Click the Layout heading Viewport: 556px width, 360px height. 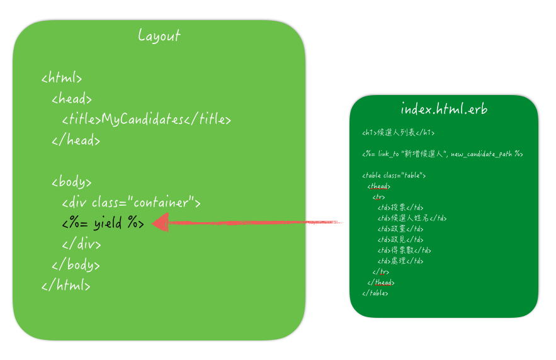[x=159, y=36]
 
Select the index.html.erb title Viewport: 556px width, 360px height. [x=444, y=109]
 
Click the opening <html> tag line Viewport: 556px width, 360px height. [x=62, y=79]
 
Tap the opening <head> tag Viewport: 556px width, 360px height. [x=72, y=99]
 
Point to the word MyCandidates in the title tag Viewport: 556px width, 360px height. [x=142, y=120]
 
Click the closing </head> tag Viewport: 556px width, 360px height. [x=76, y=140]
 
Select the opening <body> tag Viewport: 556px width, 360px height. [x=72, y=183]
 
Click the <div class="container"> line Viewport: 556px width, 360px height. [x=131, y=203]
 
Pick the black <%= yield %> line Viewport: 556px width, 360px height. [x=103, y=223]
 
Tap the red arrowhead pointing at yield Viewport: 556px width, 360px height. [x=161, y=222]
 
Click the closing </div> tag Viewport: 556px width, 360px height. [x=82, y=244]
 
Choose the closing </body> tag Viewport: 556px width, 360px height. [x=76, y=265]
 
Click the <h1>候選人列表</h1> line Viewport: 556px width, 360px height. [x=398, y=133]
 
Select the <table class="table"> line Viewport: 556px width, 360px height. [x=394, y=176]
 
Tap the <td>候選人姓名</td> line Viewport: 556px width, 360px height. [x=412, y=218]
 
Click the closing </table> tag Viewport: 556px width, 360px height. [x=375, y=293]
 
